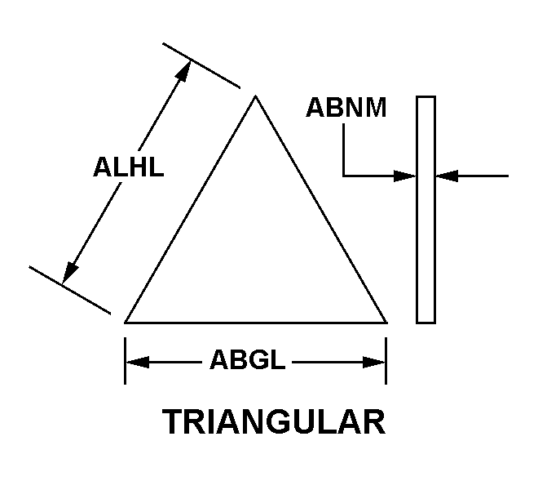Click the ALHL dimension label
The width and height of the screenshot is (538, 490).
pyautogui.click(x=128, y=167)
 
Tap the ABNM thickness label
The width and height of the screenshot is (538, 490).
pyautogui.click(x=346, y=108)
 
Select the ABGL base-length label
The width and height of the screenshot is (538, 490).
pyautogui.click(x=247, y=359)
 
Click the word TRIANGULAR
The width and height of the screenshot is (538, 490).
pyautogui.click(x=274, y=422)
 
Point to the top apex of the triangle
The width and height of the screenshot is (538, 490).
pyautogui.click(x=255, y=96)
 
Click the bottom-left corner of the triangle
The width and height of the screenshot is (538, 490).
pyautogui.click(x=125, y=323)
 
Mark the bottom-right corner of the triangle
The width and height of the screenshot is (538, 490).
pyautogui.click(x=387, y=323)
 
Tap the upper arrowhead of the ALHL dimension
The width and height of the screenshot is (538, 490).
pyautogui.click(x=184, y=71)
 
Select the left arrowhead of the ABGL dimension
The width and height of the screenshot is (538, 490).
pyautogui.click(x=137, y=362)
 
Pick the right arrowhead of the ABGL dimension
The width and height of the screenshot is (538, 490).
pyautogui.click(x=374, y=362)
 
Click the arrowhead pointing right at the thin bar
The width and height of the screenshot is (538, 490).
pyautogui.click(x=405, y=176)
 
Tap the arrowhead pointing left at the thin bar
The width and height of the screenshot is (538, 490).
pyautogui.click(x=447, y=176)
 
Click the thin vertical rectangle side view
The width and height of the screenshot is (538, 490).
pyautogui.click(x=426, y=210)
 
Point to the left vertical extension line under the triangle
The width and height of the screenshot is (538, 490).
pyautogui.click(x=125, y=361)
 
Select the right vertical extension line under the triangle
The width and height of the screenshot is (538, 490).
pyautogui.click(x=386, y=361)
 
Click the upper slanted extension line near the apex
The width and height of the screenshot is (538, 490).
pyautogui.click(x=201, y=65)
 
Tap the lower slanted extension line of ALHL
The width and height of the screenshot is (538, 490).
pyautogui.click(x=70, y=290)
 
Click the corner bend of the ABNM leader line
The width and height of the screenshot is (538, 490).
pyautogui.click(x=343, y=176)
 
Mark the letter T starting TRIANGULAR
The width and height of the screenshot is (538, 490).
pyautogui.click(x=173, y=422)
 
